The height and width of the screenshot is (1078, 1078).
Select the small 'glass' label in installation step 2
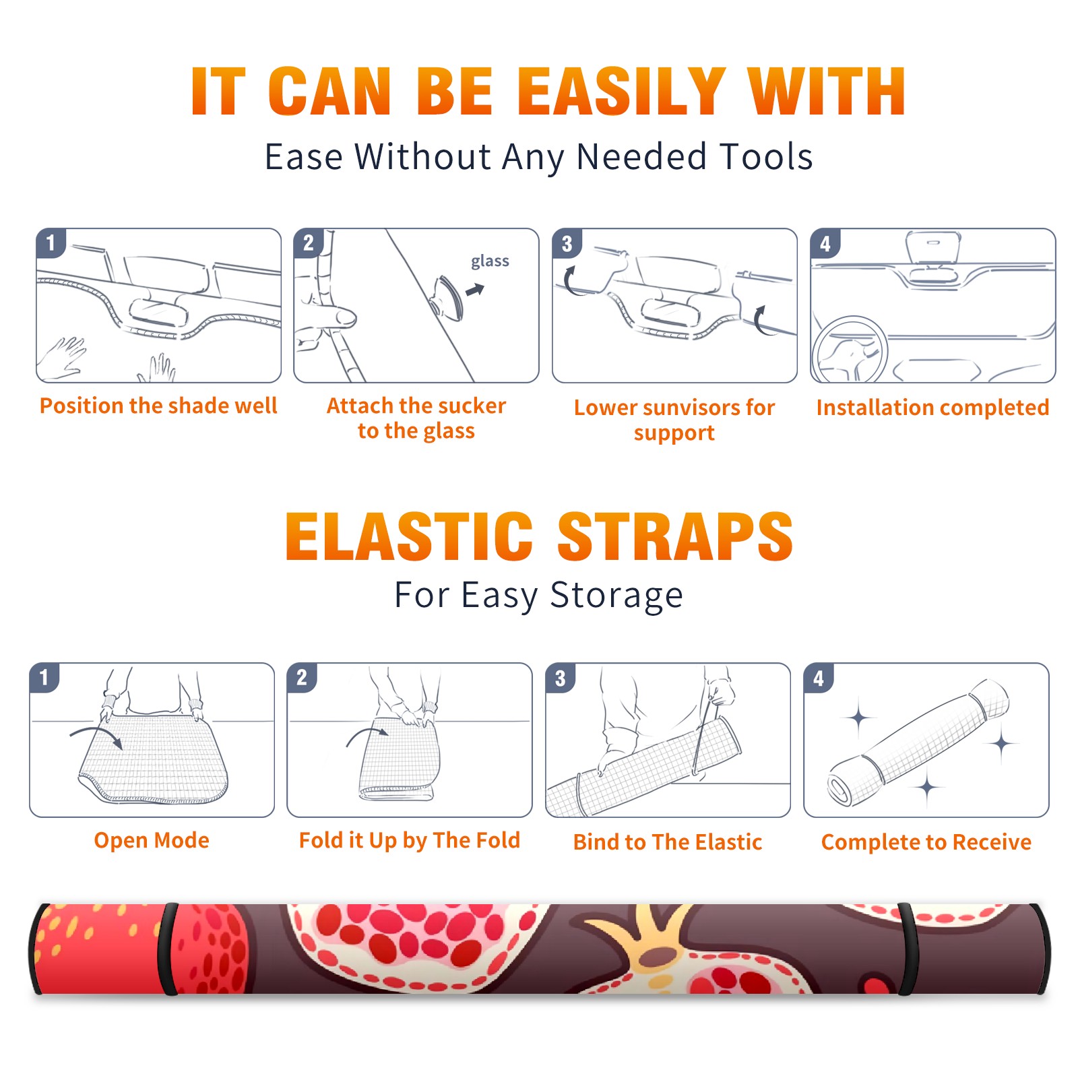click(x=490, y=261)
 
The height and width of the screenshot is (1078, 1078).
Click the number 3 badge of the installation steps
click(x=567, y=243)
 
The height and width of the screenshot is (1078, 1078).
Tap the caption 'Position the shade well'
click(x=158, y=406)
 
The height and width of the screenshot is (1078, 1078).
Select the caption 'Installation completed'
click(x=932, y=407)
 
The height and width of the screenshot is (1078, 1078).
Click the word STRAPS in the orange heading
click(x=675, y=536)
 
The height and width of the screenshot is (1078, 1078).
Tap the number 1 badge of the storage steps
click(x=44, y=678)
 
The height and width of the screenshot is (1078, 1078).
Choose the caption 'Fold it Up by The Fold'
click(x=410, y=840)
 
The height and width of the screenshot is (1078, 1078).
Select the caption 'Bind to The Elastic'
click(x=668, y=842)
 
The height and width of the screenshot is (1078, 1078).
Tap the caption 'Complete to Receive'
click(x=926, y=842)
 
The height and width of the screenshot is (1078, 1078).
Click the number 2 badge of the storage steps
click(x=302, y=678)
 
